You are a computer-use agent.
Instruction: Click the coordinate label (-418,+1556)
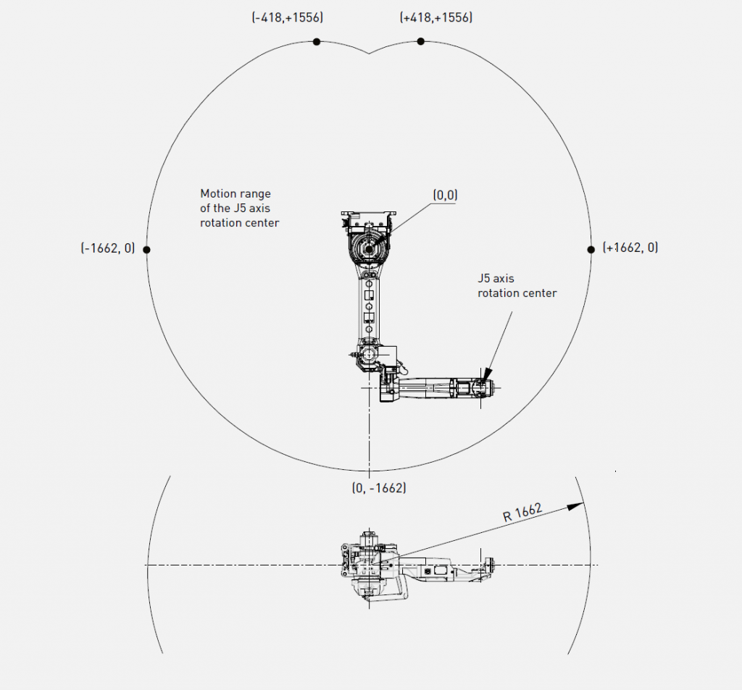287,17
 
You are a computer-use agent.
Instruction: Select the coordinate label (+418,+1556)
435,17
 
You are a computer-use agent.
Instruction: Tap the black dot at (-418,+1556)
317,42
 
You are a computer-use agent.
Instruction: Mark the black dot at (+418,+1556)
421,41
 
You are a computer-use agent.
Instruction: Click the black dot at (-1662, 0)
146,250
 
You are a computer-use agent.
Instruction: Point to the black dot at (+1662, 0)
591,250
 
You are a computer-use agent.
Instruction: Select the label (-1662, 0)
108,248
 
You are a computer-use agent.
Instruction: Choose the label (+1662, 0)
630,248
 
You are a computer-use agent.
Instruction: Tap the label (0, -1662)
379,487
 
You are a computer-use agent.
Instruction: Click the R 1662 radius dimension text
522,512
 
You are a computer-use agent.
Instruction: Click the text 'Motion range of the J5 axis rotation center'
239,208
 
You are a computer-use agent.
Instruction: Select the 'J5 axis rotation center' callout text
517,286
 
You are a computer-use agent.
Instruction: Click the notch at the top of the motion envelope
369,54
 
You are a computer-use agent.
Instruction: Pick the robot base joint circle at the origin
369,249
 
